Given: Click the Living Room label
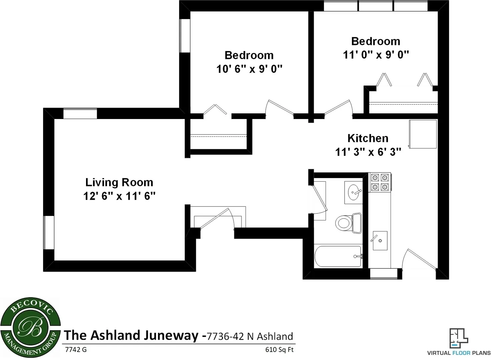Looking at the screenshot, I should [119, 182].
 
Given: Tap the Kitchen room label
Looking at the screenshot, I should [368, 138].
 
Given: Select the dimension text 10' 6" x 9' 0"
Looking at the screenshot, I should [249, 69].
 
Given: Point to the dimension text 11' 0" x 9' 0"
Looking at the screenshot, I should [376, 55].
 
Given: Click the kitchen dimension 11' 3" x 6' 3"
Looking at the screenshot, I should [368, 152].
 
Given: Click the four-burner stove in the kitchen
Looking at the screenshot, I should [380, 182].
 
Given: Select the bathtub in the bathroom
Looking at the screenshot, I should [338, 256].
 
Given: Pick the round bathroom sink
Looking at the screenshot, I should [353, 192].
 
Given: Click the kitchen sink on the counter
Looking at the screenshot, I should [380, 240].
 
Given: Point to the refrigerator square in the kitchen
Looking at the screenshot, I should [423, 134].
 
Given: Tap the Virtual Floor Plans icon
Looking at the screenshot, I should [459, 339].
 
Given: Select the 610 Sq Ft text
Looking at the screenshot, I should [279, 350].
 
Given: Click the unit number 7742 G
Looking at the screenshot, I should [76, 350].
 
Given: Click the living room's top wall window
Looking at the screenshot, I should [80, 113].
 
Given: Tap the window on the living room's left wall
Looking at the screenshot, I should [49, 232].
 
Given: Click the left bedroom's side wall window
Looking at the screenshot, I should [185, 36].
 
